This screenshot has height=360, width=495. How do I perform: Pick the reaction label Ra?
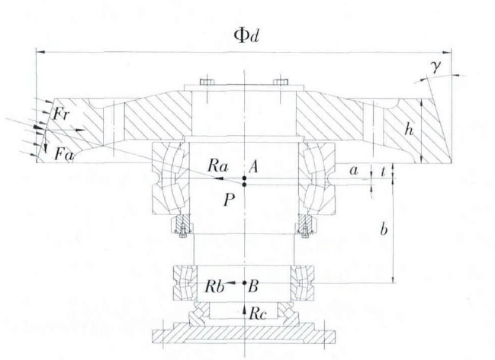click(217, 165)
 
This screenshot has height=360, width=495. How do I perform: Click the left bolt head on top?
click(207, 82)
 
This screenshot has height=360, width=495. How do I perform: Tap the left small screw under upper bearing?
click(182, 225)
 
